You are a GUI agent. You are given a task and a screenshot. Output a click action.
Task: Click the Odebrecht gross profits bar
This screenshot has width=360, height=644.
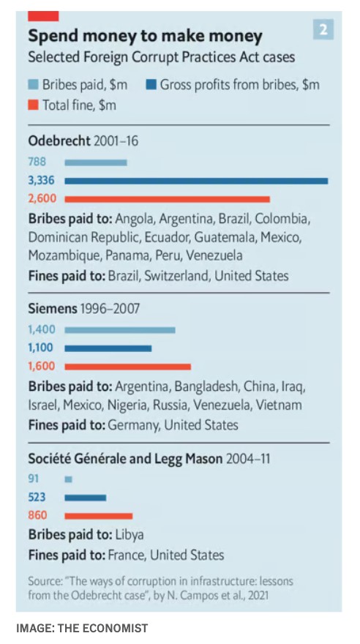(196, 181)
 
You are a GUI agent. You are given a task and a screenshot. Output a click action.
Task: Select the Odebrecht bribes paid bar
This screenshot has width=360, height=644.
(96, 162)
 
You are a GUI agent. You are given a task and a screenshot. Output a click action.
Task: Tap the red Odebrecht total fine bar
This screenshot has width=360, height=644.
(167, 199)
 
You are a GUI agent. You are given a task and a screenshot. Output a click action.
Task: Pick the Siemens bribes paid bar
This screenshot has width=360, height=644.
(120, 330)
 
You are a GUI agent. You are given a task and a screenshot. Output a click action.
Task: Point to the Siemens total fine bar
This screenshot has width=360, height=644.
(127, 367)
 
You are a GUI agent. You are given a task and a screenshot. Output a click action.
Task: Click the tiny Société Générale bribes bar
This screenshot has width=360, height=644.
(69, 479)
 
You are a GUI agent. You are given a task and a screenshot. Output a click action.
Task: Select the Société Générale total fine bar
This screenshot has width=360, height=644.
(99, 516)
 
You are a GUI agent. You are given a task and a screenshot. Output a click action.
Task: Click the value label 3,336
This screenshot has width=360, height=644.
(41, 180)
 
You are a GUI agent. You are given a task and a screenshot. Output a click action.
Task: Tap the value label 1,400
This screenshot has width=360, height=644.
(42, 329)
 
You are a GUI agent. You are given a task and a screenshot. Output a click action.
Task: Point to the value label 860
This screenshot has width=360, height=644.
(37, 515)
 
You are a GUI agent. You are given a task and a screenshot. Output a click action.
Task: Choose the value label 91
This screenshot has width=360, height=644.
(34, 479)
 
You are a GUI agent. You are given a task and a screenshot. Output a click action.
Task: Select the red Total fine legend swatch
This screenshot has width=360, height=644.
(34, 105)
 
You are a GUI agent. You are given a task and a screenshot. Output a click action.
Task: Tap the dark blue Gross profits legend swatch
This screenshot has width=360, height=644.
(151, 85)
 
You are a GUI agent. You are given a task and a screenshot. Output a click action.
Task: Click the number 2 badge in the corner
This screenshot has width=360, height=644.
(323, 30)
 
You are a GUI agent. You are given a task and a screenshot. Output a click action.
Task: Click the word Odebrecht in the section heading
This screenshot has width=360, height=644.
(59, 141)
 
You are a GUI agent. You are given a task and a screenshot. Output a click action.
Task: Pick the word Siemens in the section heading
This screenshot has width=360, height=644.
(53, 308)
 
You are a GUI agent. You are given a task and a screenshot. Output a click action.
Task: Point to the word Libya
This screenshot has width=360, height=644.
(130, 535)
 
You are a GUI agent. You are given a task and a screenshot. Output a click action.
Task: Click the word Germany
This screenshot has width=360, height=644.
(133, 424)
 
